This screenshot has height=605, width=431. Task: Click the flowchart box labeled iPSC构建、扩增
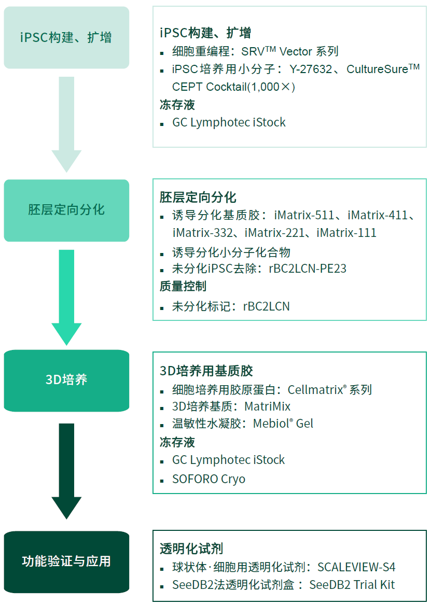[66, 38]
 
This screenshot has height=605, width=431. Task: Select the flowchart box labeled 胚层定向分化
[66, 210]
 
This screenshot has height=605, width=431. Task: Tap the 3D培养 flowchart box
[66, 380]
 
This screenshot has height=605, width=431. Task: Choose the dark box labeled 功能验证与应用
[66, 561]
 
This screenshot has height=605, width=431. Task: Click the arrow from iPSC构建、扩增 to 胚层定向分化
[66, 124]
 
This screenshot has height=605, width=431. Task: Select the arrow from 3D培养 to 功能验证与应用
[66, 469]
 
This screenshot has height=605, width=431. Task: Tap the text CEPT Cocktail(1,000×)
[233, 87]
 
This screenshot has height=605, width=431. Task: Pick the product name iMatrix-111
[346, 233]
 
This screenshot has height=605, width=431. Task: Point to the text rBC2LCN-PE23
[308, 269]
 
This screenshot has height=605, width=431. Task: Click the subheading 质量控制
[183, 286]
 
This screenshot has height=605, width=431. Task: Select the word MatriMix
[267, 406]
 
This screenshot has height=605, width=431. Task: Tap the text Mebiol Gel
[283, 424]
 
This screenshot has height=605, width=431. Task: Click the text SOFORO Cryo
[208, 479]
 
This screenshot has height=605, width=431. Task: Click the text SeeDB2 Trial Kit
[352, 585]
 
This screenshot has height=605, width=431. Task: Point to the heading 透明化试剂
[191, 549]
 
